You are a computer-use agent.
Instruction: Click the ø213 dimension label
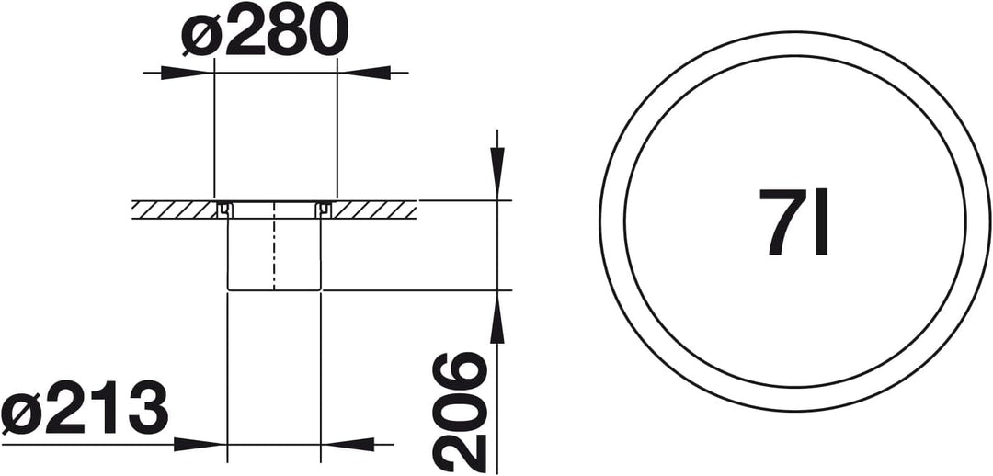pos(85,408)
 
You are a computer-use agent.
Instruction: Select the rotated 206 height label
pos(460,412)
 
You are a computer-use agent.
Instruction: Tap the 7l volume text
pos(793,221)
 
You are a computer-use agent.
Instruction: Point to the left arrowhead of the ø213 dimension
pos(200,445)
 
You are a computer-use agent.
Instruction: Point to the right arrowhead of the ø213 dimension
pos(348,445)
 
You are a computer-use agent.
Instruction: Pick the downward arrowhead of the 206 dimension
pos(497,174)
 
